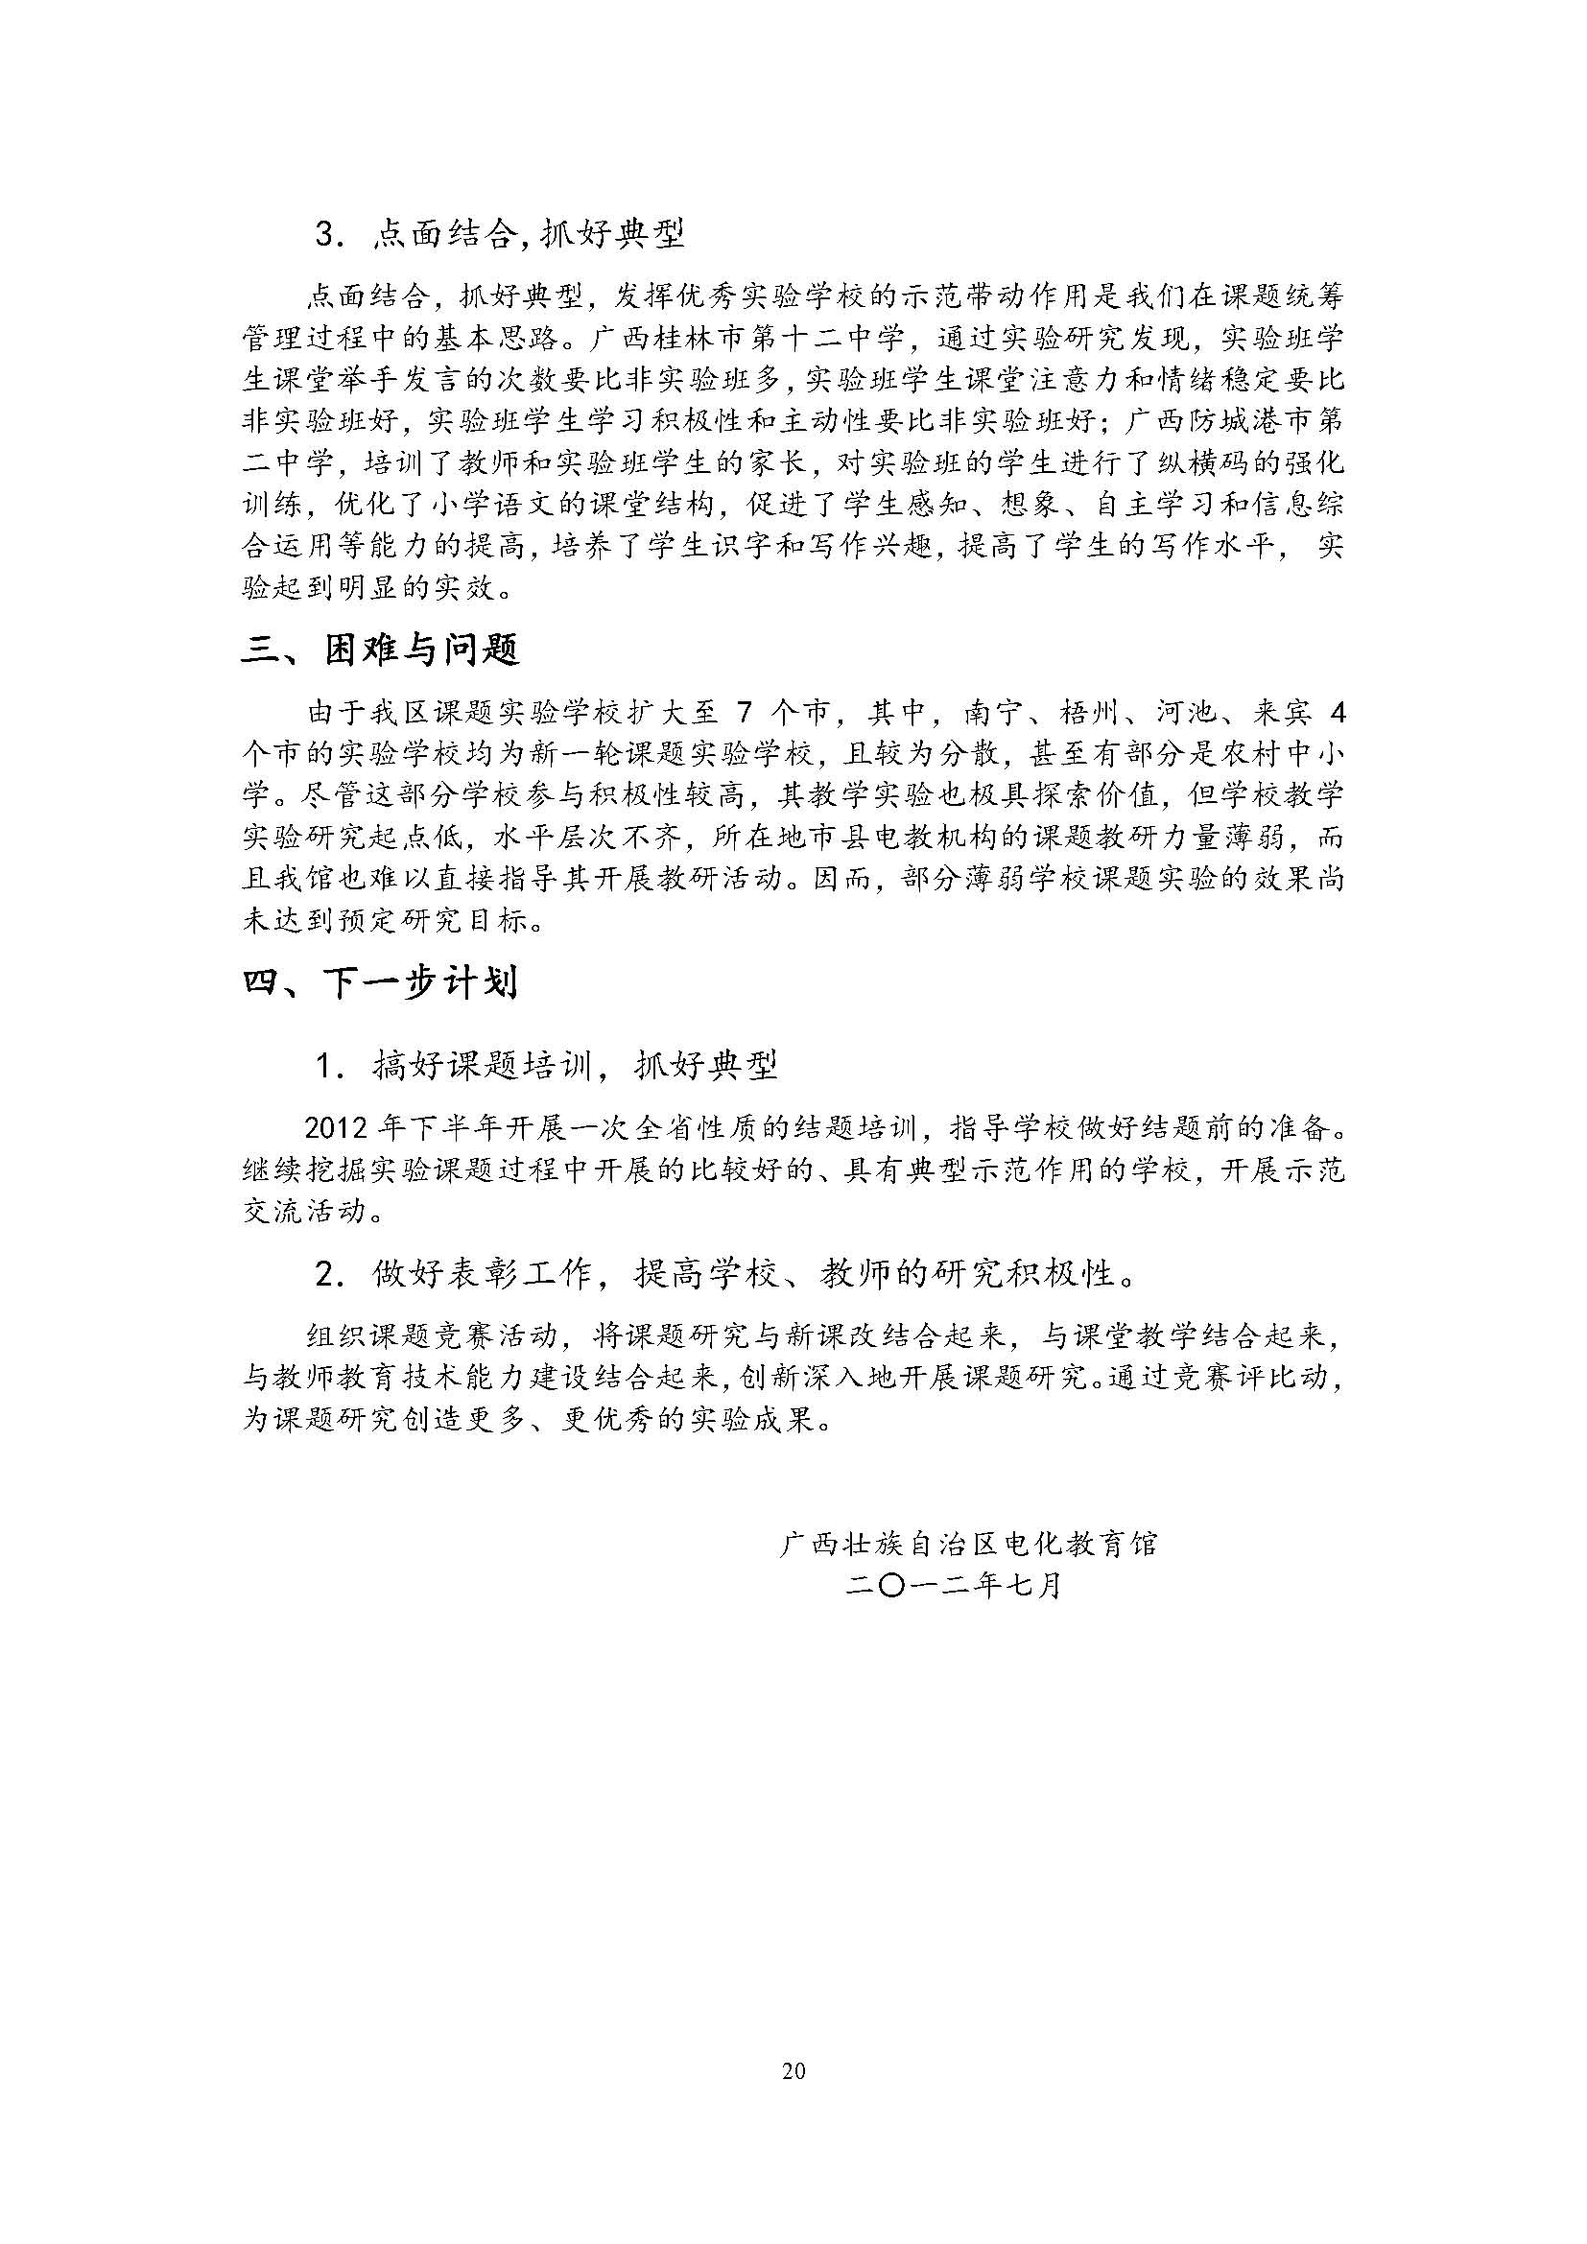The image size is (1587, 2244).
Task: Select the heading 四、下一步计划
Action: pos(380,983)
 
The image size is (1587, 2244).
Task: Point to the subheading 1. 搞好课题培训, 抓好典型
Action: pos(545,1065)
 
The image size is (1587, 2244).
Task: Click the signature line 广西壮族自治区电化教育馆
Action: pos(968,1544)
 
